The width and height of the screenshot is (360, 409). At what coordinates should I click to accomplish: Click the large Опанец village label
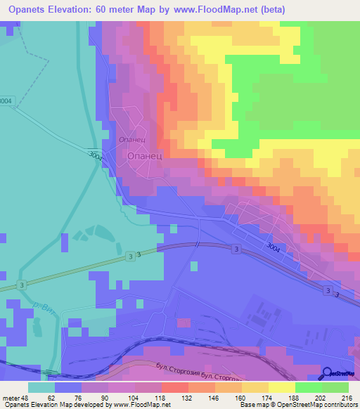[x=144, y=158]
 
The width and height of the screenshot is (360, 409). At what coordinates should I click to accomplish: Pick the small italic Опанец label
[x=131, y=139]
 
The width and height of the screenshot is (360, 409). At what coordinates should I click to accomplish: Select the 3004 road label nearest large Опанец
[x=96, y=156]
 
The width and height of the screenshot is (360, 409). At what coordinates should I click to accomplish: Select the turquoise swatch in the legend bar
[x=41, y=387]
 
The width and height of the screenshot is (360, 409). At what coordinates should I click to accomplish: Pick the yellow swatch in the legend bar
[x=282, y=387]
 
